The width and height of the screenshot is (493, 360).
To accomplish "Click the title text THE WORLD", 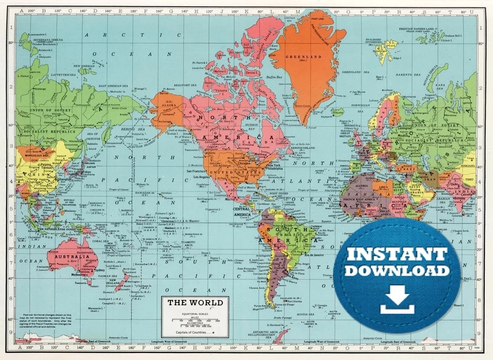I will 195,303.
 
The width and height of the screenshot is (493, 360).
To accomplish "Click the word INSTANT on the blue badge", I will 396,254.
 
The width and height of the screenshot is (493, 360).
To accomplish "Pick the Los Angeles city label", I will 202,177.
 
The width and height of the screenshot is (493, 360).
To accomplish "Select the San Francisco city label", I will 201,171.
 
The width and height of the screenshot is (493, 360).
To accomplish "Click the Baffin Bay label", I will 274,77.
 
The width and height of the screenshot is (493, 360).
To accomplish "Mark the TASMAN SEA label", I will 106,276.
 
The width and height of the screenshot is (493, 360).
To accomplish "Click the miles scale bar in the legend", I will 195,320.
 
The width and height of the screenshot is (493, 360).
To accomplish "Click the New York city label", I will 273,166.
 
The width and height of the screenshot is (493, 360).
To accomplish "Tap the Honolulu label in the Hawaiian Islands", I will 160,193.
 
